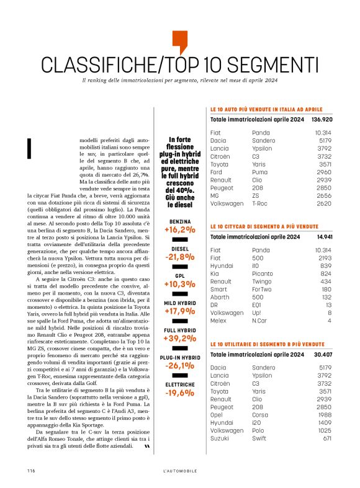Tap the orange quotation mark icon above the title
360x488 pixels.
tap(179, 42)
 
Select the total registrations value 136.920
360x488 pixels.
tap(322, 119)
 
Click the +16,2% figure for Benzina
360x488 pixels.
tap(179, 229)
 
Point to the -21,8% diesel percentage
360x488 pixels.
tap(179, 257)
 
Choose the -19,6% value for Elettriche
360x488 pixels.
tap(179, 393)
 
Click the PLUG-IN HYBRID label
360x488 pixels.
tap(179, 358)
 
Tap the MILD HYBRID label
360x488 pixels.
tap(179, 303)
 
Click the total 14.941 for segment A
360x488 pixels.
tap(325, 237)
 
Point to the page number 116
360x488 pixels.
tap(30, 471)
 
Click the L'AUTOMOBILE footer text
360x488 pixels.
tap(179, 471)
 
